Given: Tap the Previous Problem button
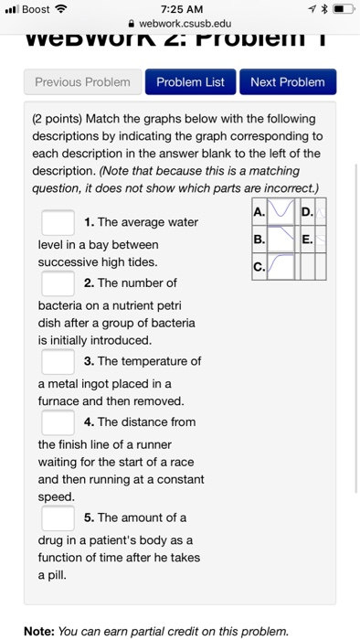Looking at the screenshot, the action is pyautogui.click(x=82, y=82).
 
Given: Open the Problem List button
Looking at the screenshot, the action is pyautogui.click(x=190, y=82).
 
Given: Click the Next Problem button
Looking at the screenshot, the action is pyautogui.click(x=287, y=82).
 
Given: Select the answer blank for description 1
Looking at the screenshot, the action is pyautogui.click(x=58, y=222).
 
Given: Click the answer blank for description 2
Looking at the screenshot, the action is pyautogui.click(x=58, y=283).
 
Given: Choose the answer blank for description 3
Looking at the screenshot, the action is pyautogui.click(x=58, y=360).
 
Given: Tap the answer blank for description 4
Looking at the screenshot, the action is pyautogui.click(x=58, y=421).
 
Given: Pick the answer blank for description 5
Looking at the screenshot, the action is pyautogui.click(x=58, y=517).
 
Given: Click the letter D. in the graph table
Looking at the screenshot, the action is pyautogui.click(x=306, y=215).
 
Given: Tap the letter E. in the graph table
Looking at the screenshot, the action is pyautogui.click(x=306, y=240).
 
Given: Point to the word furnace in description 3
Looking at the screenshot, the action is pyautogui.click(x=60, y=400).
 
